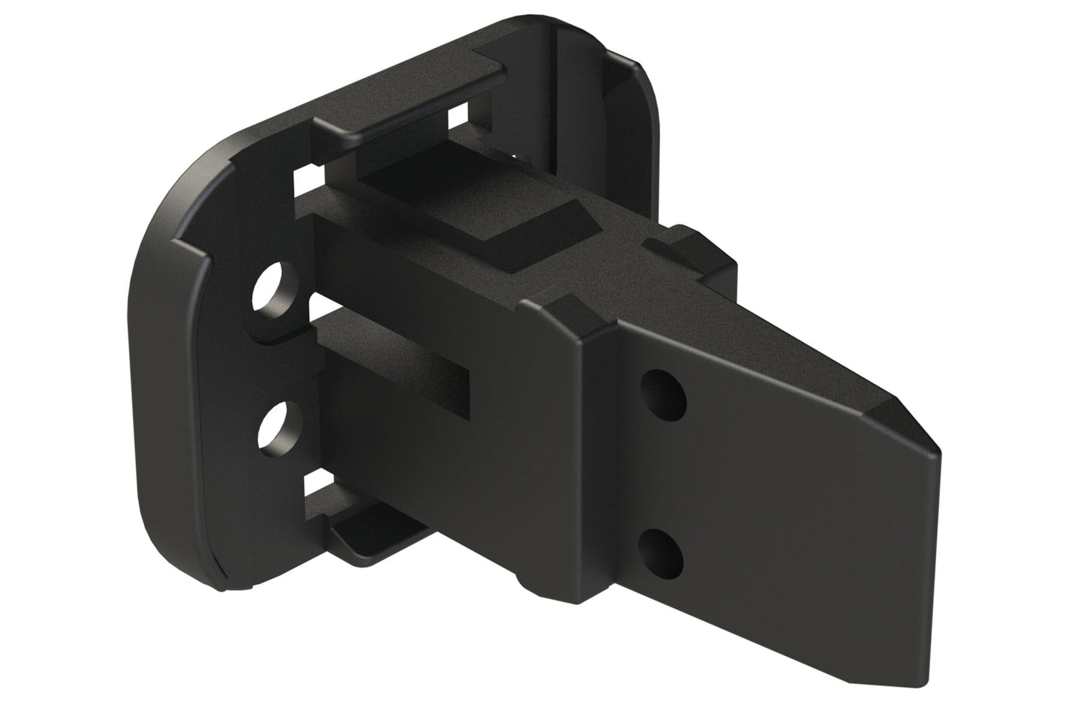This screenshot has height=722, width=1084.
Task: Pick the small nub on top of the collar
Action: [x=690, y=244]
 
